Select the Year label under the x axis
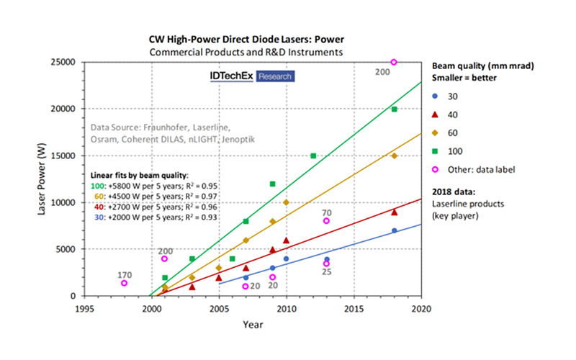click(252, 325)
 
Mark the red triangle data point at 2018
click(394, 212)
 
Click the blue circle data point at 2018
click(394, 230)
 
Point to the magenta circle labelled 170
click(125, 283)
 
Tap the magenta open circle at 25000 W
click(394, 62)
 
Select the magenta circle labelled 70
click(326, 221)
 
